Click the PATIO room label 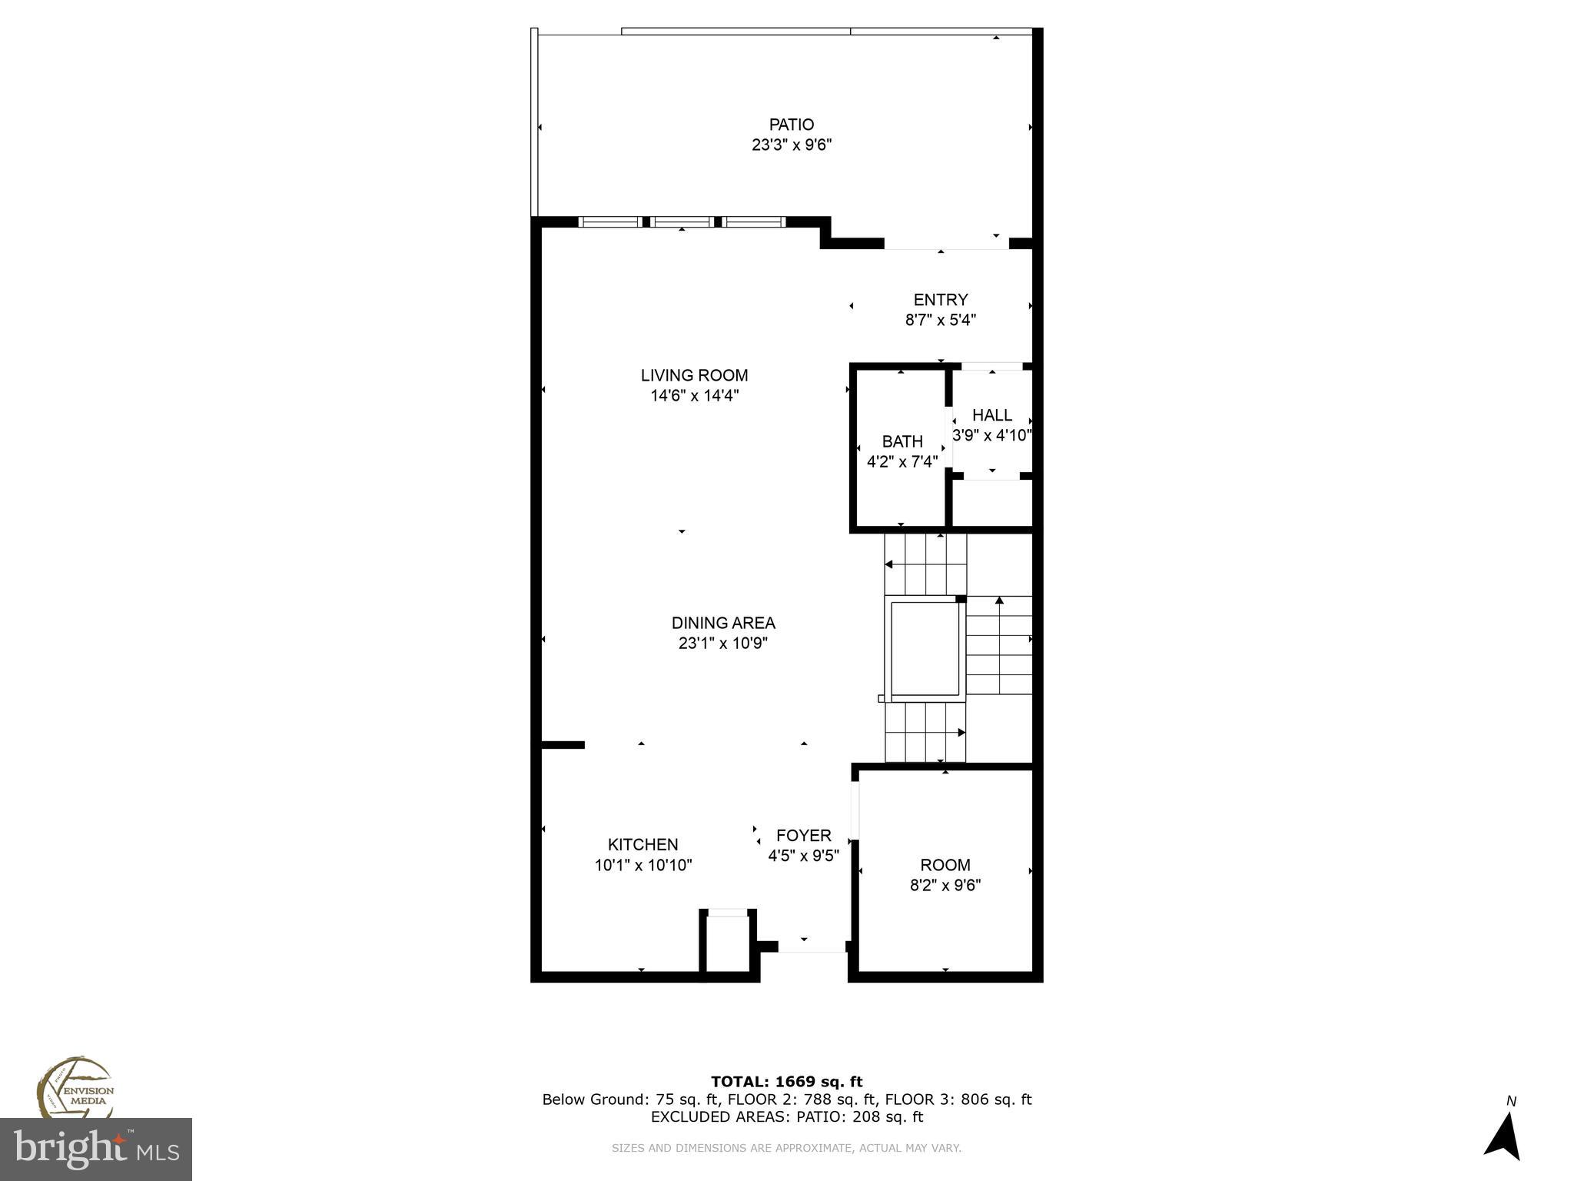(792, 125)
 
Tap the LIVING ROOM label (694, 375)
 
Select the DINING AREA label (723, 623)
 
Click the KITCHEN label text (643, 845)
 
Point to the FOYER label (803, 836)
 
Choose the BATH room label (902, 442)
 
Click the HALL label (991, 415)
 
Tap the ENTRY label (940, 300)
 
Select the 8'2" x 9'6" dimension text (945, 885)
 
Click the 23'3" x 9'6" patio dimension (792, 145)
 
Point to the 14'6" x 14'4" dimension (694, 395)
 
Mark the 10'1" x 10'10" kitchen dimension (643, 865)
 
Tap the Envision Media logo (75, 1090)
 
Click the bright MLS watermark (96, 1149)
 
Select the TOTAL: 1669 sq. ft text (786, 1082)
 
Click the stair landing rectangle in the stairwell (925, 648)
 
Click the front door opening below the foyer (812, 947)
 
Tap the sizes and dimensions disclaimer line (786, 1148)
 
